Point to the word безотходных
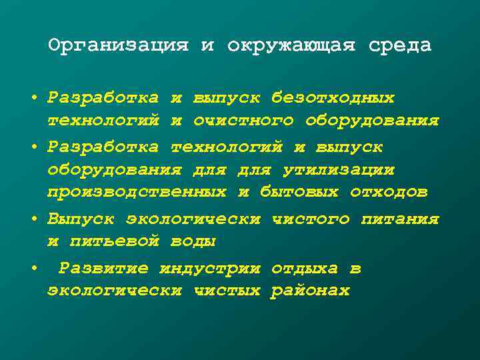(x=333, y=99)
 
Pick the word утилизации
(x=339, y=170)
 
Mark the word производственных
(x=137, y=193)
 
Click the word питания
(x=400, y=219)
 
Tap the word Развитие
(x=103, y=269)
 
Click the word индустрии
(x=210, y=269)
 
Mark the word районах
(x=310, y=291)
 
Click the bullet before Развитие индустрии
(x=33, y=269)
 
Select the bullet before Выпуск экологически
(x=33, y=219)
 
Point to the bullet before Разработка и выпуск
(x=33, y=99)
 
